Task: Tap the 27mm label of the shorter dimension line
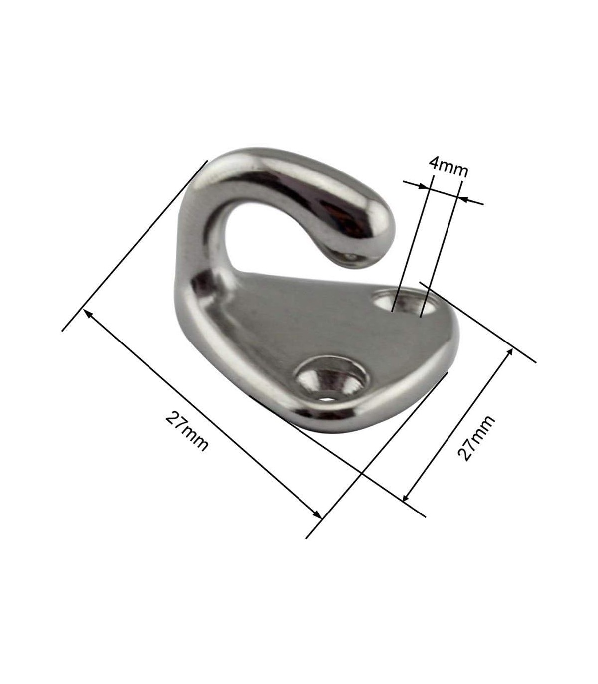pos(476,438)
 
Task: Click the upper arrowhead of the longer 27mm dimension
pos(89,314)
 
